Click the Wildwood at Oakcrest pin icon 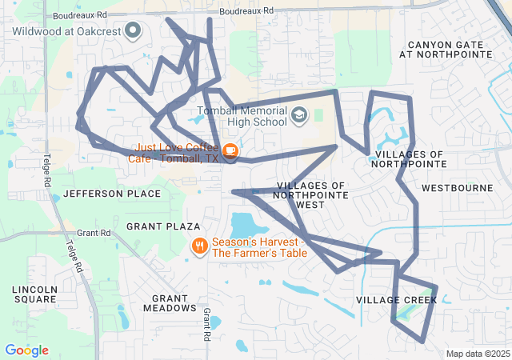click(x=133, y=32)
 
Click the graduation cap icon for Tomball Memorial click(x=299, y=116)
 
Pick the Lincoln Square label click(x=34, y=294)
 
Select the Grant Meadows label click(x=169, y=302)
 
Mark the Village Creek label click(x=396, y=300)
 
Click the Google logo click(x=26, y=350)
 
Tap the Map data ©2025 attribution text click(x=477, y=354)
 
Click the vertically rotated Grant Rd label click(x=206, y=322)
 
